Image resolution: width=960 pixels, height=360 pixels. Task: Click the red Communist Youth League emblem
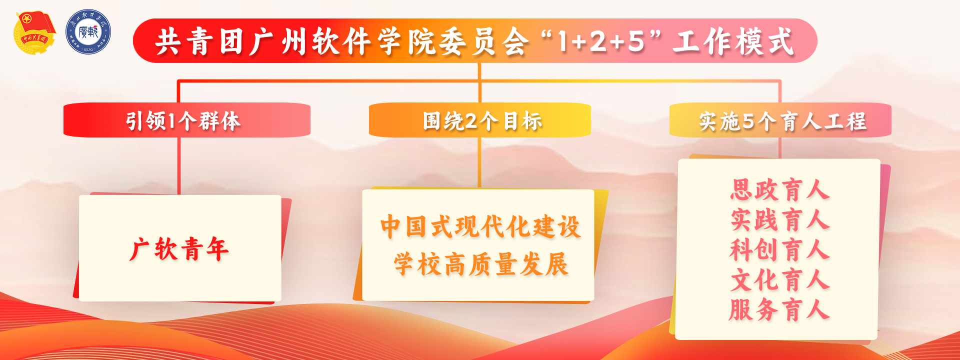coord(34,32)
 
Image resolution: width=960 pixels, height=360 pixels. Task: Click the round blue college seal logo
coord(88,31)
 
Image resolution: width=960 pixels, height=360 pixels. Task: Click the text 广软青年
coord(179,248)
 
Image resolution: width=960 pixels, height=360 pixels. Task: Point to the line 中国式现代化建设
coord(480,226)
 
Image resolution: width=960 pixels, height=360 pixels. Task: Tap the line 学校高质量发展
coord(480,264)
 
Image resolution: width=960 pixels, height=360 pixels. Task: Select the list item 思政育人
coord(779,190)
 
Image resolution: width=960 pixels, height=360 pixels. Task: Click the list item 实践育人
coord(779,220)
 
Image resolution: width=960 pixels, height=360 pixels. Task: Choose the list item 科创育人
coord(779,250)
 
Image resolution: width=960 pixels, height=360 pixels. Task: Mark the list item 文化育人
coord(779,280)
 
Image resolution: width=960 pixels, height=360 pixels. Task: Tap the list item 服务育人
coord(779,310)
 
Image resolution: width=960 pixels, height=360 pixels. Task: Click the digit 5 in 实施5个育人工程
coord(748,121)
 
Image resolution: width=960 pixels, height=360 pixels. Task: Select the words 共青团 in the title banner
coord(199,41)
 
